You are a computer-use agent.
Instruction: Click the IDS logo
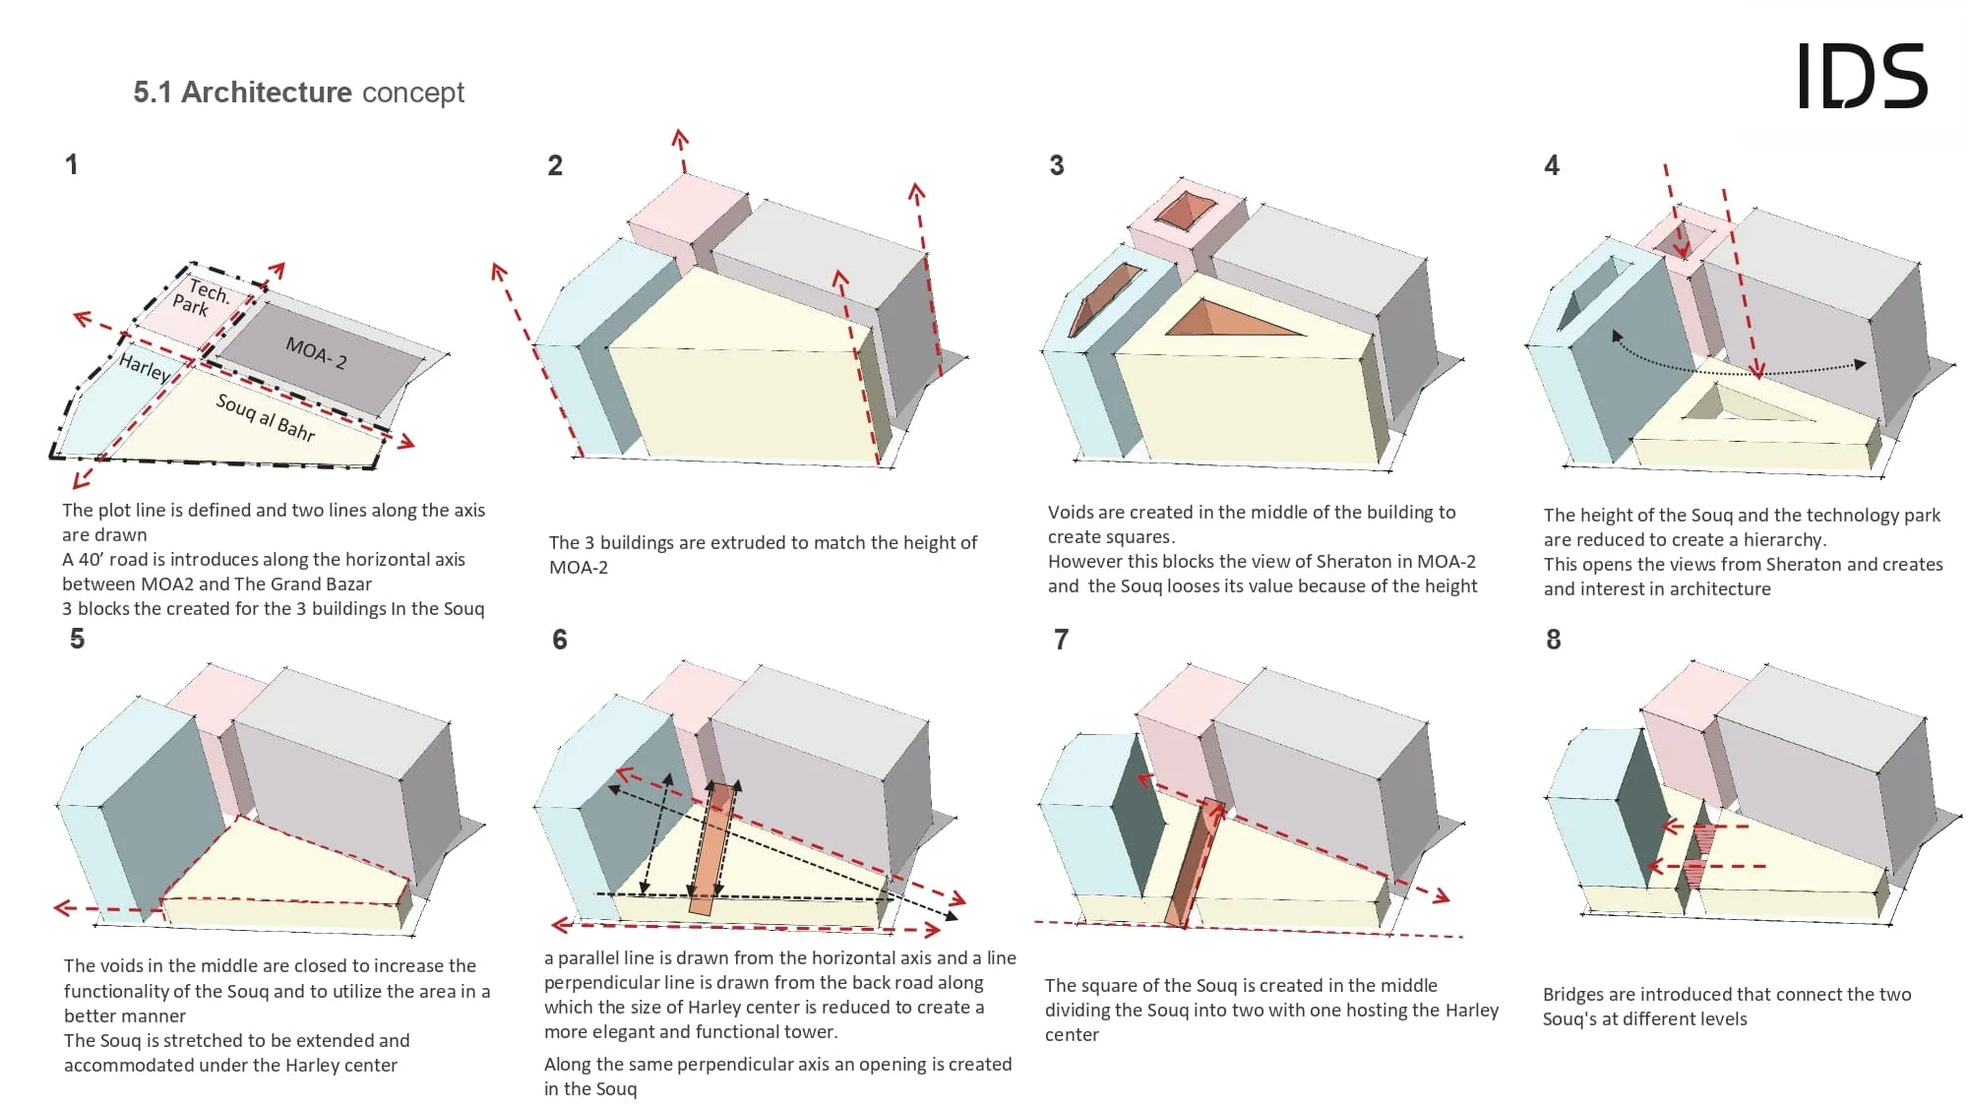pyautogui.click(x=1861, y=76)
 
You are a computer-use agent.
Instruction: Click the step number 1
pyautogui.click(x=71, y=164)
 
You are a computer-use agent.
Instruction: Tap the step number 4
pyautogui.click(x=1552, y=165)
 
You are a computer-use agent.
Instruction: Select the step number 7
pyautogui.click(x=1061, y=640)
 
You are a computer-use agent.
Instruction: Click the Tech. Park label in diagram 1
pyautogui.click(x=200, y=296)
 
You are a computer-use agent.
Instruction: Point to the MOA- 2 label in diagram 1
pyautogui.click(x=316, y=352)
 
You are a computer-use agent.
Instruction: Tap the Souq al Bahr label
pyautogui.click(x=266, y=417)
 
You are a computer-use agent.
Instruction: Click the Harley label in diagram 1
pyautogui.click(x=144, y=367)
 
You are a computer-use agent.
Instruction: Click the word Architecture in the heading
pyautogui.click(x=267, y=92)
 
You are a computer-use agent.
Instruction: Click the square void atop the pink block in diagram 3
pyautogui.click(x=1185, y=211)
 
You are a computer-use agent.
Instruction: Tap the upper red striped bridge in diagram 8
pyautogui.click(x=1704, y=838)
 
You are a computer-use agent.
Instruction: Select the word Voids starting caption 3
pyautogui.click(x=1072, y=512)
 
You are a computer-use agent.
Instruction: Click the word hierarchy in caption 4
pyautogui.click(x=1784, y=539)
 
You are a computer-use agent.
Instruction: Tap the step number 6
pyautogui.click(x=560, y=640)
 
